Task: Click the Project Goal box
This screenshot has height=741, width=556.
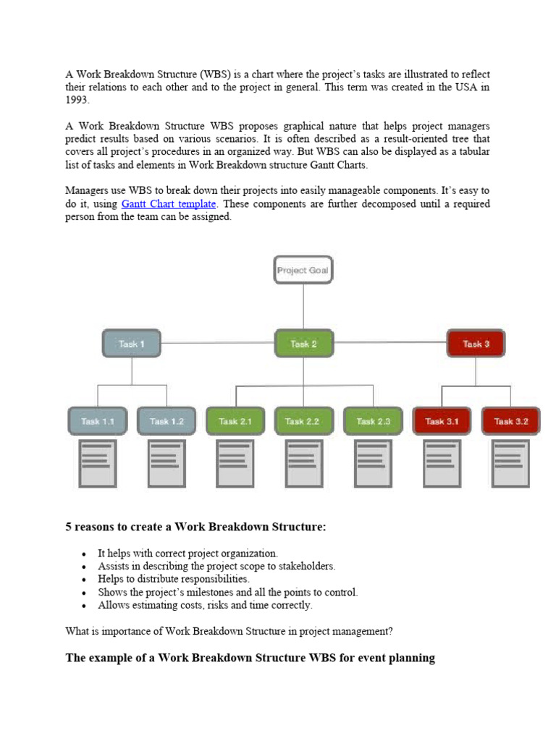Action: (303, 271)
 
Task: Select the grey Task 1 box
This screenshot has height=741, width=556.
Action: (132, 344)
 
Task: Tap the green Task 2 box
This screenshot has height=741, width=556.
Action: (303, 344)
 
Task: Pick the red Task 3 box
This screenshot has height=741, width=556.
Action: (476, 344)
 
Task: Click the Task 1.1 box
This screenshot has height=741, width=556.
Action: (97, 421)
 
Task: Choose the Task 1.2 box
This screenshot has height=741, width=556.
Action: (167, 421)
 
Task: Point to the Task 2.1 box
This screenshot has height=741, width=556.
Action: (235, 421)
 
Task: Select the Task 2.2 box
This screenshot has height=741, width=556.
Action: (303, 421)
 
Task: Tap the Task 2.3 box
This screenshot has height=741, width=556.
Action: (373, 421)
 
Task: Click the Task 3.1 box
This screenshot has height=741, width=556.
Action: (441, 421)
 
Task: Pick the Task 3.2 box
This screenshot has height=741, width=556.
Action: (510, 421)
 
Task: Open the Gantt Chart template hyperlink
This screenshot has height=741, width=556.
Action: (169, 204)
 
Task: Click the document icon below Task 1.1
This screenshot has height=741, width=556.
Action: (97, 463)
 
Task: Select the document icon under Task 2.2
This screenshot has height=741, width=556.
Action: (304, 463)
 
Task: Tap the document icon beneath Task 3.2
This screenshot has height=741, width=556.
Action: (510, 463)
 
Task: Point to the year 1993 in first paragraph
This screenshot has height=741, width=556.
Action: (79, 101)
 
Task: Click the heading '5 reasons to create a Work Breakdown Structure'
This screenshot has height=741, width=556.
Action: (196, 528)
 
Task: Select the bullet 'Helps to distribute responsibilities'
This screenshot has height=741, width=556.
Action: (174, 579)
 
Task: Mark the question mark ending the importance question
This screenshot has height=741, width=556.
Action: (390, 631)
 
